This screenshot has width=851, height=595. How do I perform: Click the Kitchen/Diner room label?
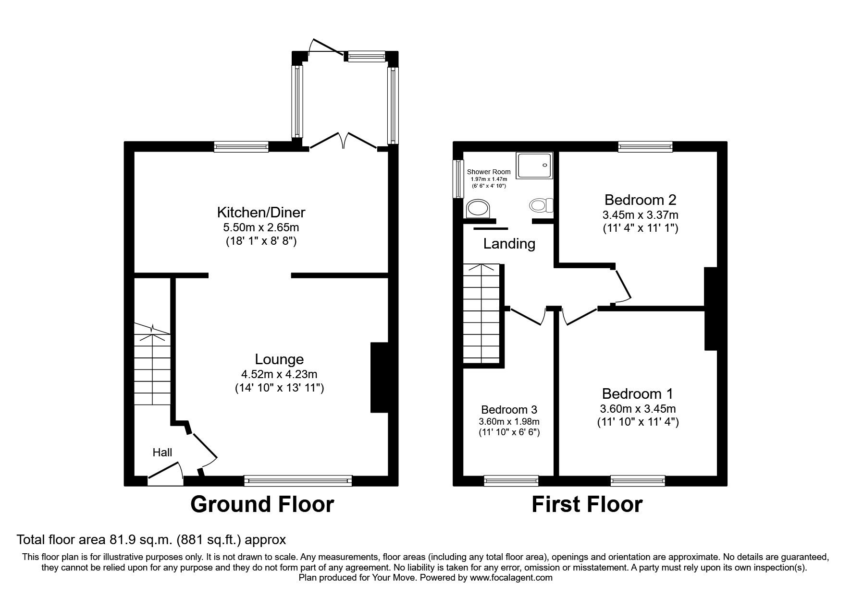pyautogui.click(x=261, y=212)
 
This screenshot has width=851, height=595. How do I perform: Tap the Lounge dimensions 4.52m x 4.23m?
pyautogui.click(x=279, y=374)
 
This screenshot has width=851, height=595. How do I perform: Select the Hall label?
pyautogui.click(x=162, y=452)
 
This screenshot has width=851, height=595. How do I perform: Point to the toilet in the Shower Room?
pyautogui.click(x=541, y=206)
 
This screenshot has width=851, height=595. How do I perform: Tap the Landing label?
pyautogui.click(x=509, y=244)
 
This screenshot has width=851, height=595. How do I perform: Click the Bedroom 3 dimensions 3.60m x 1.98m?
pyautogui.click(x=509, y=422)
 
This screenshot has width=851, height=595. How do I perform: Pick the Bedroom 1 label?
pyautogui.click(x=637, y=394)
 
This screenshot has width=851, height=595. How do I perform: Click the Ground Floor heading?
pyautogui.click(x=262, y=504)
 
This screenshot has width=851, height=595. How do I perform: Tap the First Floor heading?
pyautogui.click(x=587, y=504)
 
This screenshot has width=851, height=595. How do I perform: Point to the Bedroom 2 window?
pyautogui.click(x=645, y=146)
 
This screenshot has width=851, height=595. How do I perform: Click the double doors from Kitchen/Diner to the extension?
pyautogui.click(x=343, y=142)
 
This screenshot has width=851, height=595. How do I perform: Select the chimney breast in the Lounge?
pyautogui.click(x=379, y=377)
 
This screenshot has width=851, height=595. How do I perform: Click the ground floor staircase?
pyautogui.click(x=152, y=365)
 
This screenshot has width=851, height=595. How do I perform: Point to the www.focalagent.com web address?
pyautogui.click(x=511, y=578)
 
